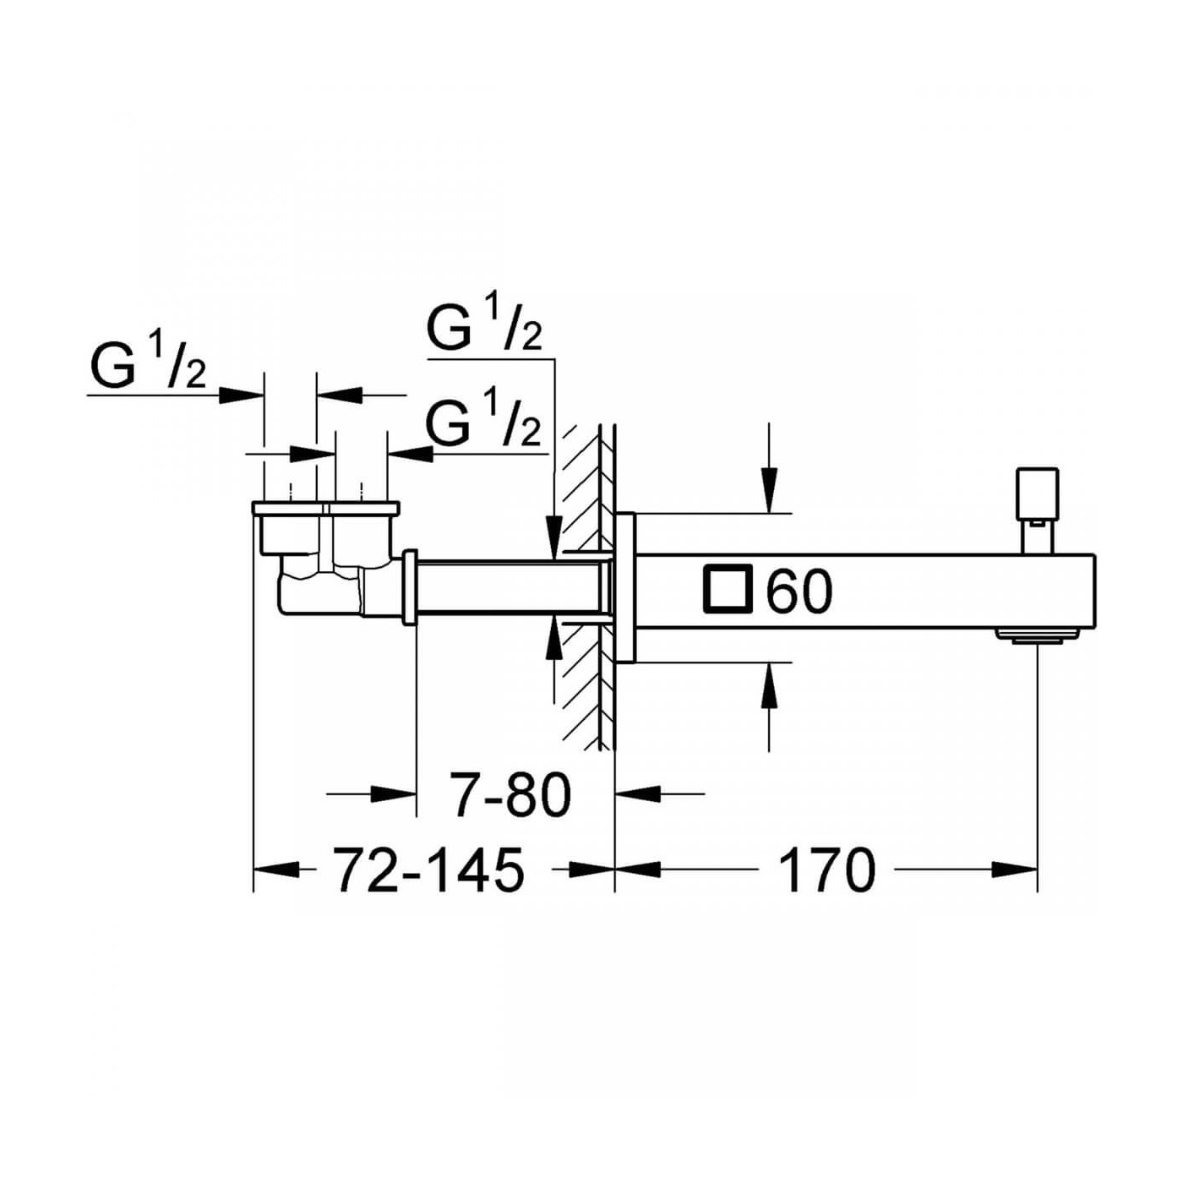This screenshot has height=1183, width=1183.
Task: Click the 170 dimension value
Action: (x=826, y=870)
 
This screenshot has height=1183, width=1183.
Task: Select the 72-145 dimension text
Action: (x=428, y=870)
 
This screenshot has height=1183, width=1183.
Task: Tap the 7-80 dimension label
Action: (x=512, y=795)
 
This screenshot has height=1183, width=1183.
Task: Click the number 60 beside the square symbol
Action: (x=799, y=591)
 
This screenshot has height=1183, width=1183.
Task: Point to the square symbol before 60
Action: (x=728, y=589)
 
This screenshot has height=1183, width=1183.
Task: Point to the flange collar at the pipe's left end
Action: (x=411, y=587)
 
